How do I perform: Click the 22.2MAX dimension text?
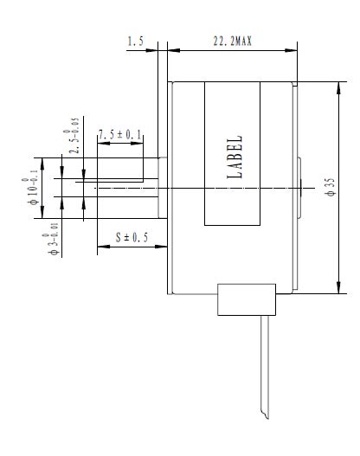click(x=233, y=41)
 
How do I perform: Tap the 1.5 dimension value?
click(x=136, y=41)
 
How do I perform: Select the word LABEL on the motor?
click(x=235, y=157)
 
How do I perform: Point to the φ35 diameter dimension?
click(x=331, y=188)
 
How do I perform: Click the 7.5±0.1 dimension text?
click(x=119, y=135)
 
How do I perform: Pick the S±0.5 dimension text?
click(x=132, y=237)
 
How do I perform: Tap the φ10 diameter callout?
click(x=30, y=188)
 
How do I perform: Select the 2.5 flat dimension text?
click(x=72, y=136)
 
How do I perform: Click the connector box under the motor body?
click(x=247, y=299)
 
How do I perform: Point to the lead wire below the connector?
click(x=265, y=367)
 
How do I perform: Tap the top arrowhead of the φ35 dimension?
click(x=338, y=88)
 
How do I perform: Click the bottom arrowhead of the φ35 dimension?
click(x=338, y=287)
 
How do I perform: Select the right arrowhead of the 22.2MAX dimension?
click(x=291, y=50)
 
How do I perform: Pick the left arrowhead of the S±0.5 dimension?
click(x=104, y=247)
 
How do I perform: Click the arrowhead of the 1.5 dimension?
click(x=151, y=50)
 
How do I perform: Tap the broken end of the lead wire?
click(x=265, y=415)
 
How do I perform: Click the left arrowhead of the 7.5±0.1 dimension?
click(x=104, y=143)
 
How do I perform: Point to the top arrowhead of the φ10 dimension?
click(x=42, y=164)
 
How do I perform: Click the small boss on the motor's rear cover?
click(x=299, y=188)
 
